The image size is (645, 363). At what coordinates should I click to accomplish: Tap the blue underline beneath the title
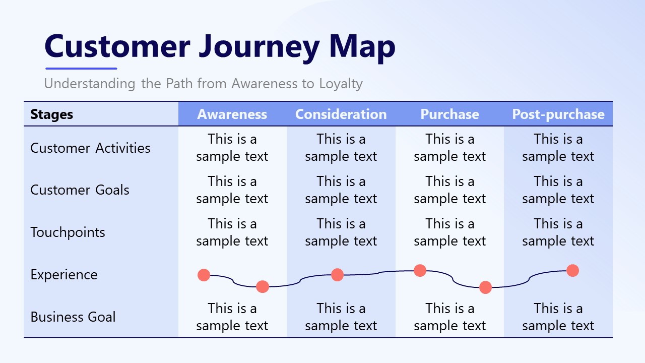point(81,68)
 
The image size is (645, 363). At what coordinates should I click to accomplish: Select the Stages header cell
point(51,114)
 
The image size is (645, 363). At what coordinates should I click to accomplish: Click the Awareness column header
point(232,114)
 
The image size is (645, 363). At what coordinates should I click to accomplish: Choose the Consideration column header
point(341,114)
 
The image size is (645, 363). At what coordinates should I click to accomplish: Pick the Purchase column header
point(449,114)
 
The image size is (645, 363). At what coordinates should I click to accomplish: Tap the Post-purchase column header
point(558,114)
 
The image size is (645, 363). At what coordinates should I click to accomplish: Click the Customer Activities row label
point(90,148)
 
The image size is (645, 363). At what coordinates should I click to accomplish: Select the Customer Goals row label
point(80,190)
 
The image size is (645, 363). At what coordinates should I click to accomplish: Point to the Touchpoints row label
point(68,232)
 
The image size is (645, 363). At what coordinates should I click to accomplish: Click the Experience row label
point(64,275)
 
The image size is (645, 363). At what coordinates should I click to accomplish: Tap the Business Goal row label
point(73,317)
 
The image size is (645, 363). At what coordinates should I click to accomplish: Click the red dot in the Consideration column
point(338,275)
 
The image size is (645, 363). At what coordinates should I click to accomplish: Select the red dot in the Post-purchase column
point(572,271)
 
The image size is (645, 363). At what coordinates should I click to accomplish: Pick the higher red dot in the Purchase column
point(420,271)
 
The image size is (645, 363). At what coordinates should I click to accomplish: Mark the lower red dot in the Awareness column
point(263,287)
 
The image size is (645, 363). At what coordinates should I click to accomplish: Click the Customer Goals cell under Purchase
point(449,190)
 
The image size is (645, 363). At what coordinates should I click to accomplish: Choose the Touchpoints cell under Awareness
point(232,232)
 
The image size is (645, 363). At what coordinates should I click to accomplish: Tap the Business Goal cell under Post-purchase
point(558,317)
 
